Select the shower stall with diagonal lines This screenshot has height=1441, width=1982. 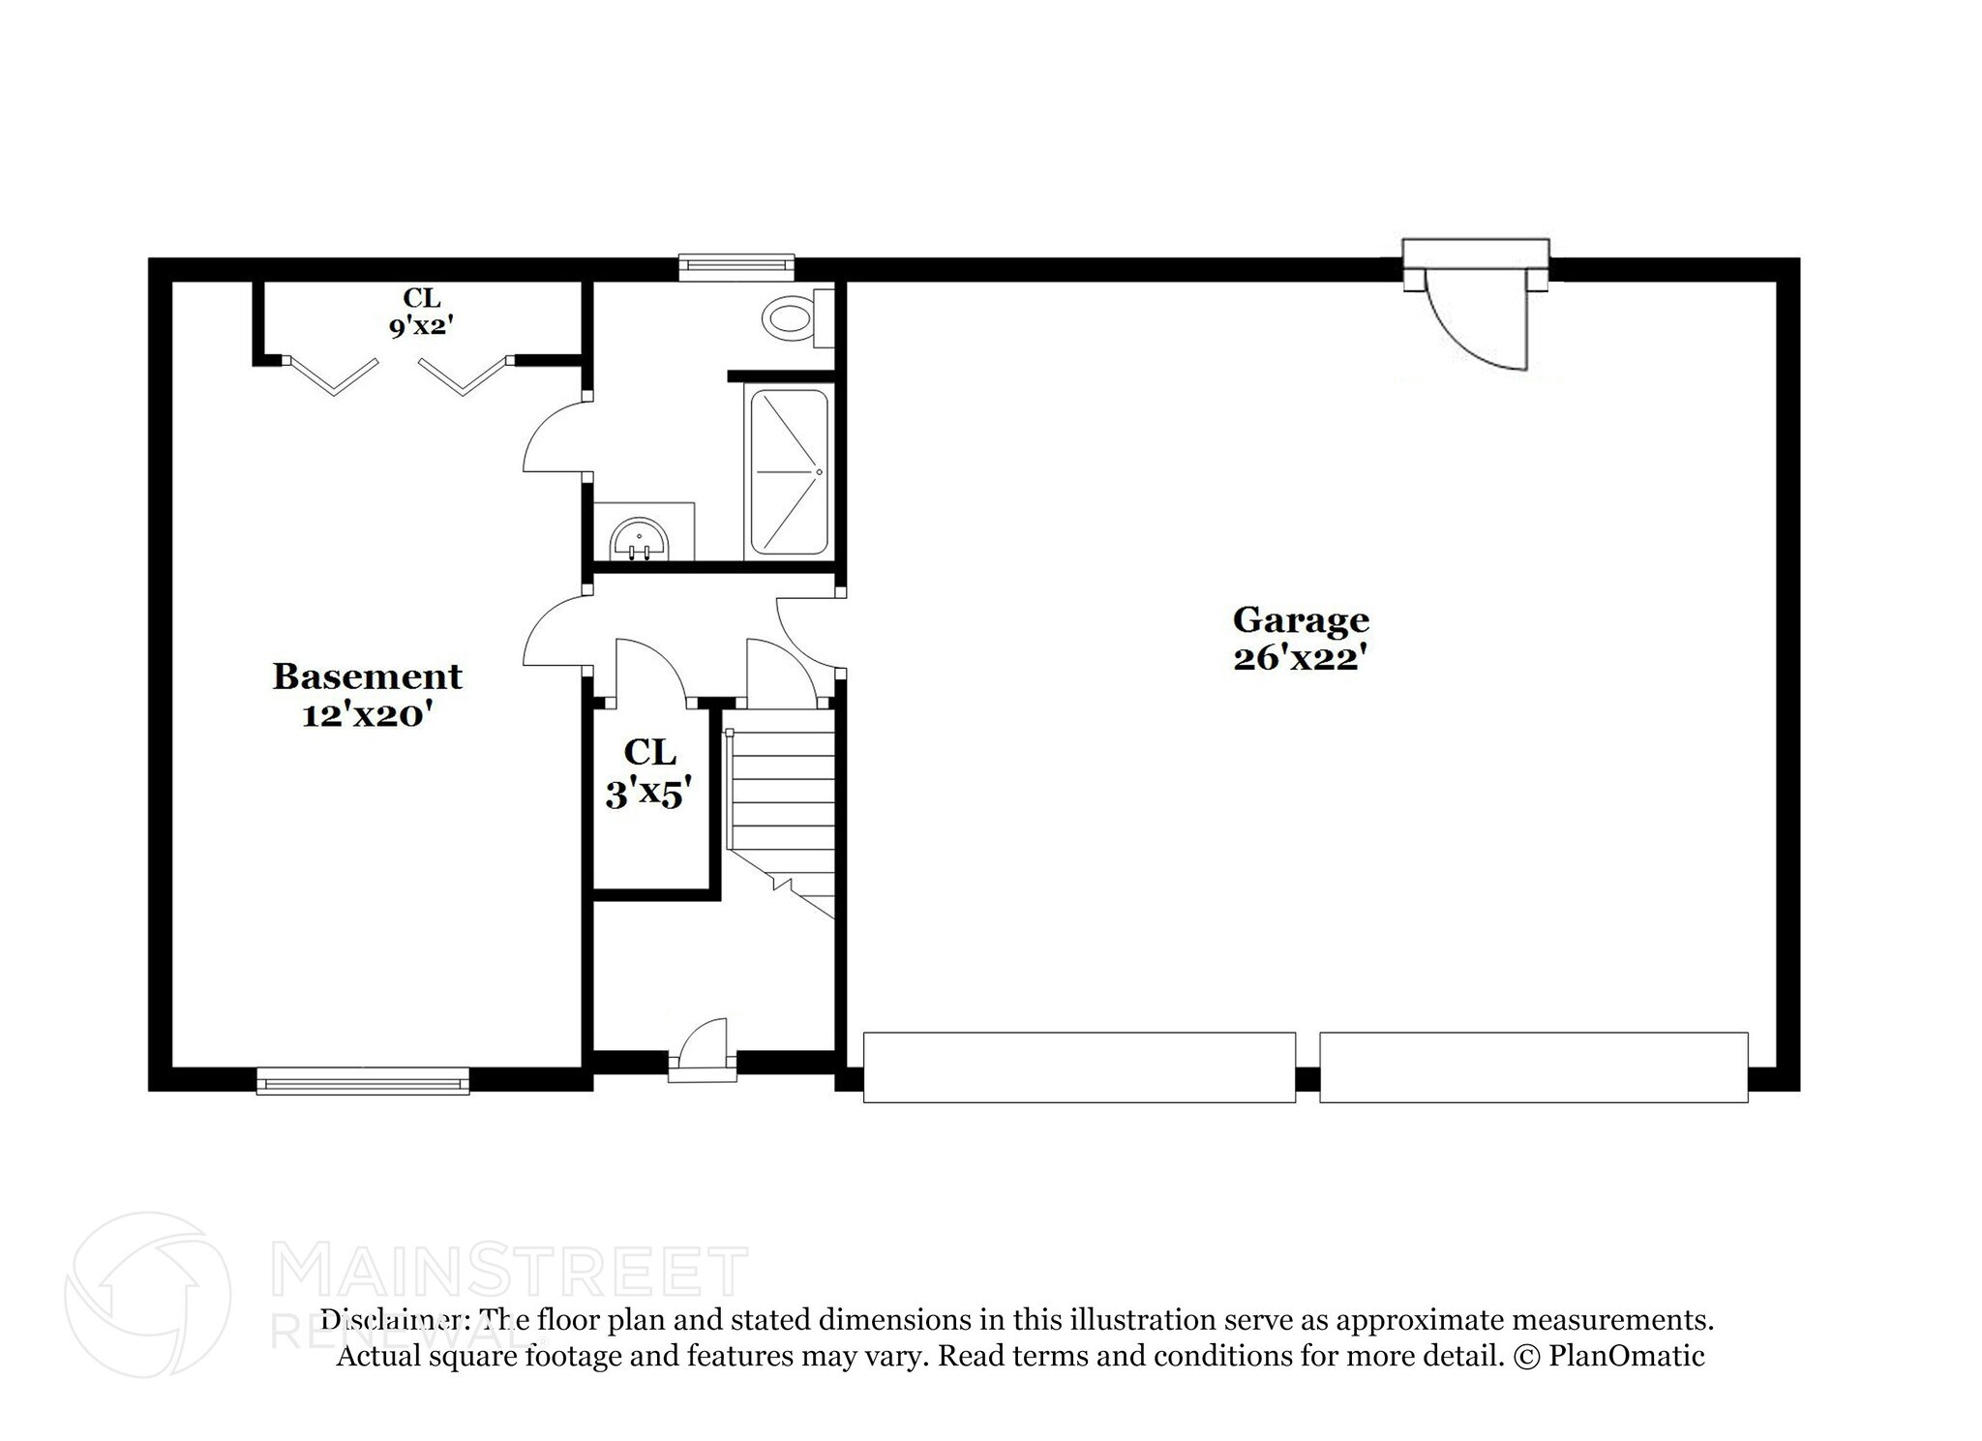tap(790, 472)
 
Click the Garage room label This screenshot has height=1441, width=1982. tap(1301, 619)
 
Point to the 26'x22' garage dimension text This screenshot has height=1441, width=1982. tap(1300, 659)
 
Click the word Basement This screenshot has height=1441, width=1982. tap(367, 676)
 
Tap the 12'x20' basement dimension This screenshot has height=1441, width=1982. tap(367, 716)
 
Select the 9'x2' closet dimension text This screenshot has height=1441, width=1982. tap(421, 326)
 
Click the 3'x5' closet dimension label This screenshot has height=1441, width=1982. tap(648, 796)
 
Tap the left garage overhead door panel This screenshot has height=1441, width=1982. tap(1079, 1067)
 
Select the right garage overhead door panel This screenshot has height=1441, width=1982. tap(1533, 1067)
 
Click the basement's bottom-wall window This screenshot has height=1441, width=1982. tap(363, 1081)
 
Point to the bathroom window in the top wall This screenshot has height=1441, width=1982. tap(736, 266)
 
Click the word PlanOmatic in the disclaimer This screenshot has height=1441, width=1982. tap(1627, 1356)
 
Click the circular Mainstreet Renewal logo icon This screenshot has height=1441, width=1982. tap(148, 1295)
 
